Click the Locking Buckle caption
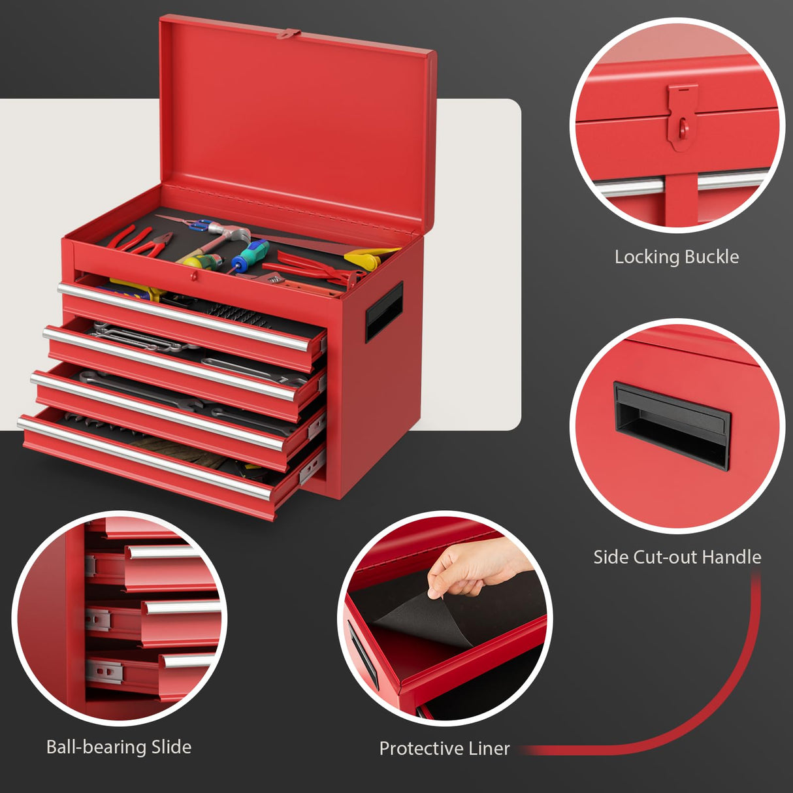[x=677, y=257]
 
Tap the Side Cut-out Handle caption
[x=677, y=557]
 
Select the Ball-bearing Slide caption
[x=119, y=747]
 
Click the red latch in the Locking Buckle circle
[x=682, y=118]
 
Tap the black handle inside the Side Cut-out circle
[x=672, y=425]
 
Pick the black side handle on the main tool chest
[x=384, y=311]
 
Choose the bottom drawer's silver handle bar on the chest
[x=144, y=457]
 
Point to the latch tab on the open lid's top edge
[x=288, y=33]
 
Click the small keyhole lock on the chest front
[x=195, y=277]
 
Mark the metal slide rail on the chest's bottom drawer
[x=313, y=467]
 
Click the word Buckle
[x=712, y=257]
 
